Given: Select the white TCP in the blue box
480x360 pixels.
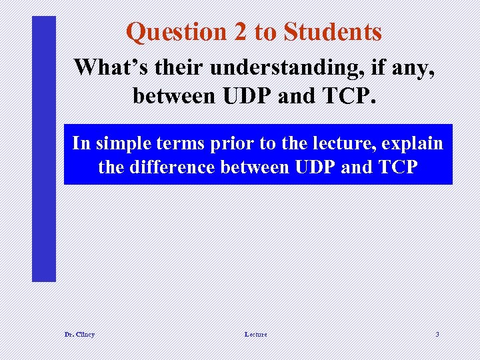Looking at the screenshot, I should pos(393,167).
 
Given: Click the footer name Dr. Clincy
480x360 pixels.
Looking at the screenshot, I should pos(79,334).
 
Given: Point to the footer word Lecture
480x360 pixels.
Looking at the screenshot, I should pos(255,334).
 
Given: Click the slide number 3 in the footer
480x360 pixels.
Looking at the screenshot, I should pos(437,334).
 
